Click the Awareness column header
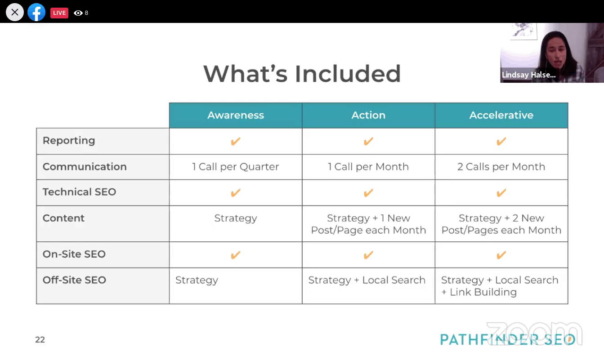[x=235, y=115]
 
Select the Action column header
[x=368, y=115]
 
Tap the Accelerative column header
[x=501, y=115]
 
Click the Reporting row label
[x=69, y=141]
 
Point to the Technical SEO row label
[x=79, y=192]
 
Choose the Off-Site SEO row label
[x=74, y=280]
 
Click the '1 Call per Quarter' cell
[x=235, y=167]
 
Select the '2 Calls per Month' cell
[x=501, y=167]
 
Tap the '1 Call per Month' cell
[x=368, y=167]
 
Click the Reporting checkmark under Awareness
[x=235, y=141]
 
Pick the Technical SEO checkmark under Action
[x=368, y=193]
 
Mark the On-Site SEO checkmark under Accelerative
[x=501, y=255]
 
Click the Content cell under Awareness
[x=235, y=218]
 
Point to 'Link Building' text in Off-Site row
[x=483, y=292]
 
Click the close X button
[x=15, y=12]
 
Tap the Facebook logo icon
[x=36, y=12]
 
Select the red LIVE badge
[x=59, y=13]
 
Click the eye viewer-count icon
[x=78, y=13]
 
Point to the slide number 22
[x=40, y=339]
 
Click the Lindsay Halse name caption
[x=528, y=75]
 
